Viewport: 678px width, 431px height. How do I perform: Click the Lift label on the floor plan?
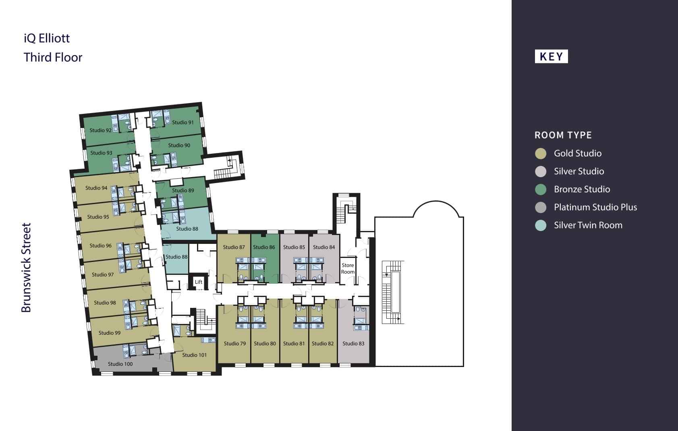[x=199, y=282]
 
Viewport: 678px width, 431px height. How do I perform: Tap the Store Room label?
[x=348, y=268]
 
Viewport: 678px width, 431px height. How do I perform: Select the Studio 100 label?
[x=120, y=364]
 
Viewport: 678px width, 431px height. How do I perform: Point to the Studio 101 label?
[x=194, y=355]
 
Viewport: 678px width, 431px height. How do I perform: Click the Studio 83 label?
[x=353, y=343]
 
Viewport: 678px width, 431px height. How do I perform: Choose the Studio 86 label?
[x=264, y=247]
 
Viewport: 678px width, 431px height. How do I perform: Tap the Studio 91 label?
[x=183, y=122]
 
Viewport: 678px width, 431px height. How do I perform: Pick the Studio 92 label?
[x=101, y=130]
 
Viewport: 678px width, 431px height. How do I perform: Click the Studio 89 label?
[x=183, y=190]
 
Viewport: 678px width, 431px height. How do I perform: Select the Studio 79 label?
[x=235, y=343]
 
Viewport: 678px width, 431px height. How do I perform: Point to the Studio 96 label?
[x=101, y=245]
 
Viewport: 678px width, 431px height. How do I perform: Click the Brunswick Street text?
[x=26, y=268]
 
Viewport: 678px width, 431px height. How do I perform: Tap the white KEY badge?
[x=551, y=56]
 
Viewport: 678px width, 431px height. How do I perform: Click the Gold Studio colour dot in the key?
[x=541, y=153]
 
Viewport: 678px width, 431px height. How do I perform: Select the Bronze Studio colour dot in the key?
[x=541, y=189]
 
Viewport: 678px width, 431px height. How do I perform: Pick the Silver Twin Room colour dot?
[x=541, y=225]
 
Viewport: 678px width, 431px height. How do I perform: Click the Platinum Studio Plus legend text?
[x=595, y=207]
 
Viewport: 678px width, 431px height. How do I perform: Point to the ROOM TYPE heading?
[x=563, y=135]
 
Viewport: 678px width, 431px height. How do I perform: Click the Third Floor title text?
[x=53, y=57]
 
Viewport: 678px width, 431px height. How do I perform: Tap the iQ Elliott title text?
[x=47, y=38]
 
